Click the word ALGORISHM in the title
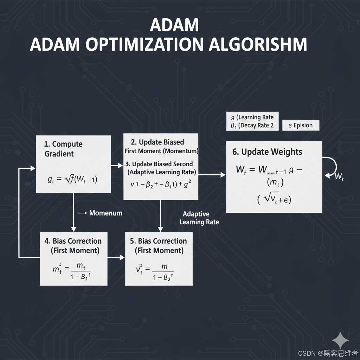[258, 45]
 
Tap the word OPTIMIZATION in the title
[144, 45]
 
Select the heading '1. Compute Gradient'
[64, 149]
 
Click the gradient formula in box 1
[72, 180]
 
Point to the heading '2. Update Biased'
[157, 142]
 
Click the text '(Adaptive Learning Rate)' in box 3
[162, 172]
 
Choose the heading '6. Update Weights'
[267, 152]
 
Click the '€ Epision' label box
[301, 126]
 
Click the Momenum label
[105, 213]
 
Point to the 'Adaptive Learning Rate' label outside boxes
[199, 218]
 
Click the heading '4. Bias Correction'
[73, 241]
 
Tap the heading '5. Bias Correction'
[159, 241]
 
